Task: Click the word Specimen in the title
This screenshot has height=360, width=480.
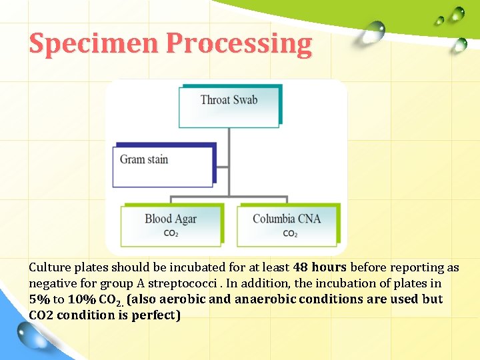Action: [x=94, y=43]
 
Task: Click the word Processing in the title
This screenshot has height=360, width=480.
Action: [x=239, y=43]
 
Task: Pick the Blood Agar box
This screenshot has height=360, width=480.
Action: [x=171, y=224]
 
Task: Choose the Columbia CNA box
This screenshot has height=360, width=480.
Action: [x=287, y=224]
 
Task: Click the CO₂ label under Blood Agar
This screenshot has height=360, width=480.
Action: [x=171, y=234]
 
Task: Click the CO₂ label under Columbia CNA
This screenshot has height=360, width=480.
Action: [x=290, y=234]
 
